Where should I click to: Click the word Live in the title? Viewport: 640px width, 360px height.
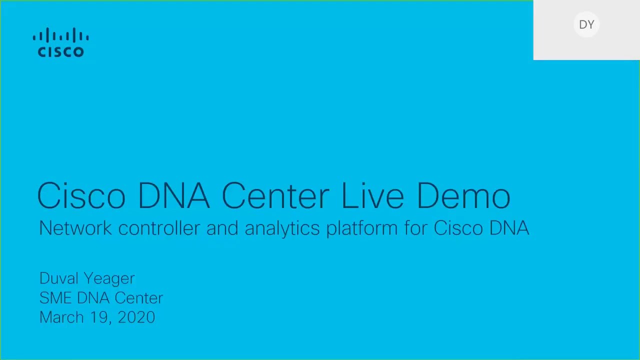(x=372, y=195)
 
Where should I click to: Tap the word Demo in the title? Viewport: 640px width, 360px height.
(x=463, y=195)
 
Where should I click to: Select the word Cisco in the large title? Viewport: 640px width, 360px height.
(x=81, y=195)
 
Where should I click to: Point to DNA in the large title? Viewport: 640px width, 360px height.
(x=173, y=195)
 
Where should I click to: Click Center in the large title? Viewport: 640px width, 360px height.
(x=275, y=195)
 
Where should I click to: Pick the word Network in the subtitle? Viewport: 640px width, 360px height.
(x=75, y=228)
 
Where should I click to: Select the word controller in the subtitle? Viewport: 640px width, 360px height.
(x=159, y=228)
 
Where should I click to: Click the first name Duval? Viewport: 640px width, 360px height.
(x=59, y=278)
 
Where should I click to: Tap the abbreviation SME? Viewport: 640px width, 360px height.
(x=55, y=298)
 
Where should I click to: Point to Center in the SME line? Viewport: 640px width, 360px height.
(x=138, y=298)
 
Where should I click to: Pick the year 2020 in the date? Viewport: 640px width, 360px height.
(x=136, y=317)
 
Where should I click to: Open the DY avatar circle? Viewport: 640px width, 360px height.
(x=586, y=24)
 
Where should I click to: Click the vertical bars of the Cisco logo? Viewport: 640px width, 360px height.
(x=60, y=35)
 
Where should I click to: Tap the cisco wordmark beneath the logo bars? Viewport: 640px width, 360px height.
(x=60, y=51)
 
